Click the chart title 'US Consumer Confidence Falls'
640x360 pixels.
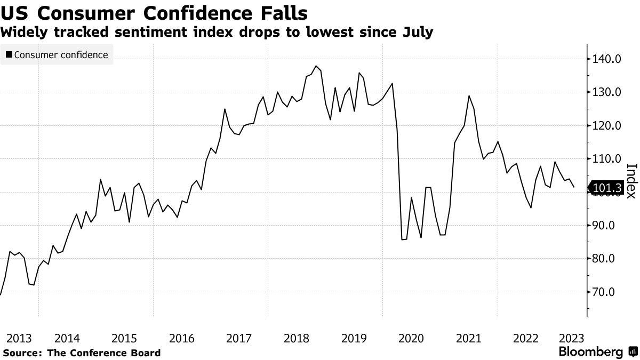154,11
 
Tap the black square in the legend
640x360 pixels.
9,55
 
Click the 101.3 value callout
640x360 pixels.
607,188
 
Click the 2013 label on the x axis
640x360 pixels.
19,338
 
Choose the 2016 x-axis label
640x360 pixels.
182,338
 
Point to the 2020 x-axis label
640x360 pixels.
411,338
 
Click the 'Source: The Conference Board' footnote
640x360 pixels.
81,353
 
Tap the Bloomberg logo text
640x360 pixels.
590,352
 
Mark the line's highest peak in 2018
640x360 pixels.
316,66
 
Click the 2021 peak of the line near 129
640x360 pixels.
469,96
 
